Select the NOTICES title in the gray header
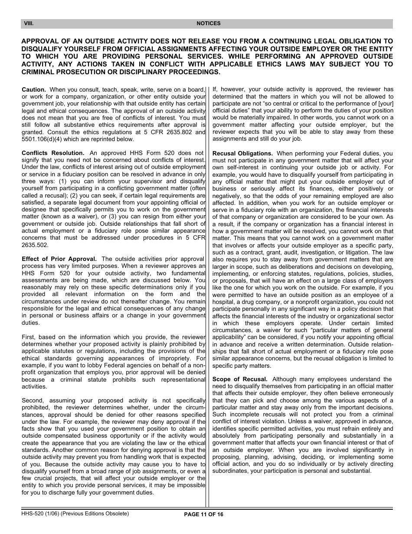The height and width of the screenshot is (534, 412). point(208,24)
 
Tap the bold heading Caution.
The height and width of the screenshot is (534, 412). point(34,89)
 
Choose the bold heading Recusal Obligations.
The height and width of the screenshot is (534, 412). point(242,153)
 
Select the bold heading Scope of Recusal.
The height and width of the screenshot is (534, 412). point(240,379)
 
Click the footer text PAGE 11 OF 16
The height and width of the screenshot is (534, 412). point(204,514)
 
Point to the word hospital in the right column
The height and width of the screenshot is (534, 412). point(225,302)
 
